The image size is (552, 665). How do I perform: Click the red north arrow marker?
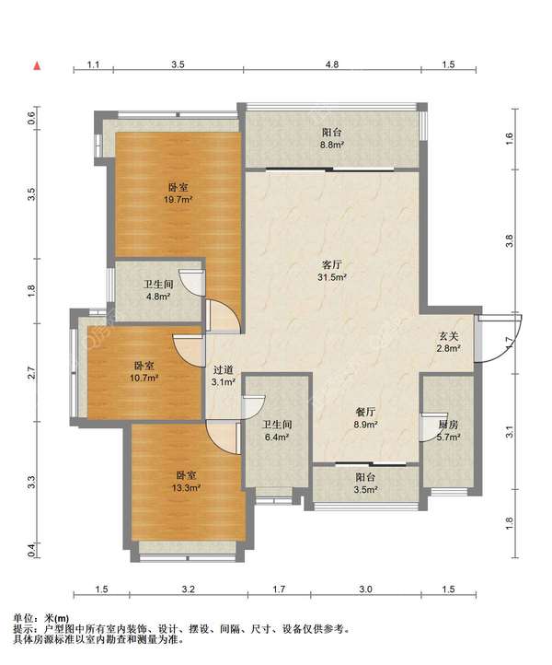(x=38, y=65)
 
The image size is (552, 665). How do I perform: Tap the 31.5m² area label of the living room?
(x=332, y=277)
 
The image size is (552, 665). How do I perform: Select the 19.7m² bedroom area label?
(x=178, y=199)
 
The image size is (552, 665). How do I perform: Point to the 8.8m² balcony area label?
(x=332, y=145)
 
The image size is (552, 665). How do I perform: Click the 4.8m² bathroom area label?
(x=158, y=297)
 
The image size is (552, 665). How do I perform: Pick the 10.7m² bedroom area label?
(x=144, y=378)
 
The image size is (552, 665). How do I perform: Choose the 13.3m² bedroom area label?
(x=186, y=488)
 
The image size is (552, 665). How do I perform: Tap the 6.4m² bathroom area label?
(x=277, y=437)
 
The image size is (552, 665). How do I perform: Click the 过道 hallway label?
(x=224, y=370)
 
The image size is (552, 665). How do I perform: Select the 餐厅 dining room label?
(x=365, y=412)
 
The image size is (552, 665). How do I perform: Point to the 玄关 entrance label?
(x=449, y=336)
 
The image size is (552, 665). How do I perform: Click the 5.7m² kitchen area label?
(x=449, y=437)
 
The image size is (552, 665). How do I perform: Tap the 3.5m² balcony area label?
(x=365, y=490)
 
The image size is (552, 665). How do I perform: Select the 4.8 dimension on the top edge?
(x=332, y=64)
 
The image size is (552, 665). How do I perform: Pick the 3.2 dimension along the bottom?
(x=188, y=589)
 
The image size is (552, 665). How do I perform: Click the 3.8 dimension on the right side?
(x=510, y=241)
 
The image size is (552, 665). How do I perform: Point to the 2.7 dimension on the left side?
(x=31, y=373)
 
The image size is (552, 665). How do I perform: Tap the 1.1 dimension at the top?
(x=93, y=64)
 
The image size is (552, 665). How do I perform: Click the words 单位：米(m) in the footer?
(x=41, y=619)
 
